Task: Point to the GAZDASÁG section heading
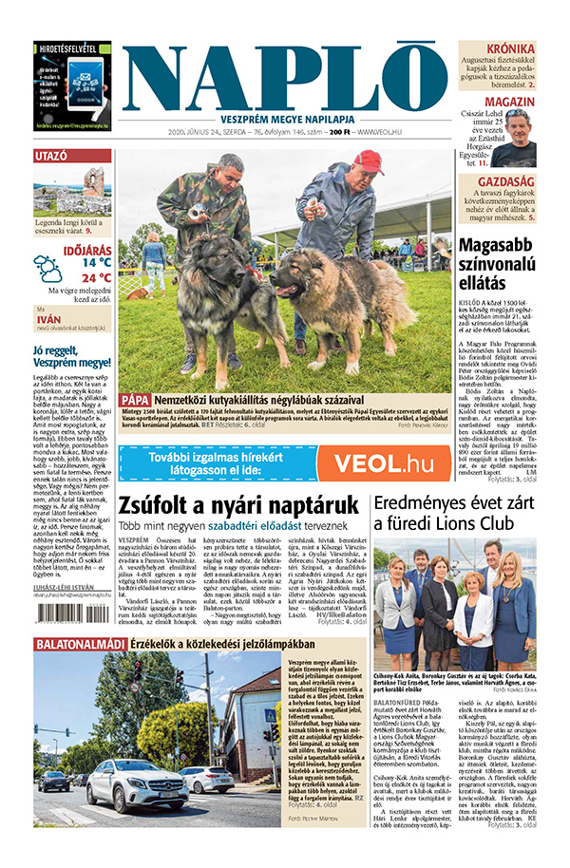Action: pos(506,180)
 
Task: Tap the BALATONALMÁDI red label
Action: pos(79,644)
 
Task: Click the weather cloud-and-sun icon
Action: pos(49,269)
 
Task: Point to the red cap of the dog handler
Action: pos(369,160)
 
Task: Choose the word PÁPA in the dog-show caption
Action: pos(135,400)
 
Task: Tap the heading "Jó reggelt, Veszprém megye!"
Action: pos(71,356)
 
